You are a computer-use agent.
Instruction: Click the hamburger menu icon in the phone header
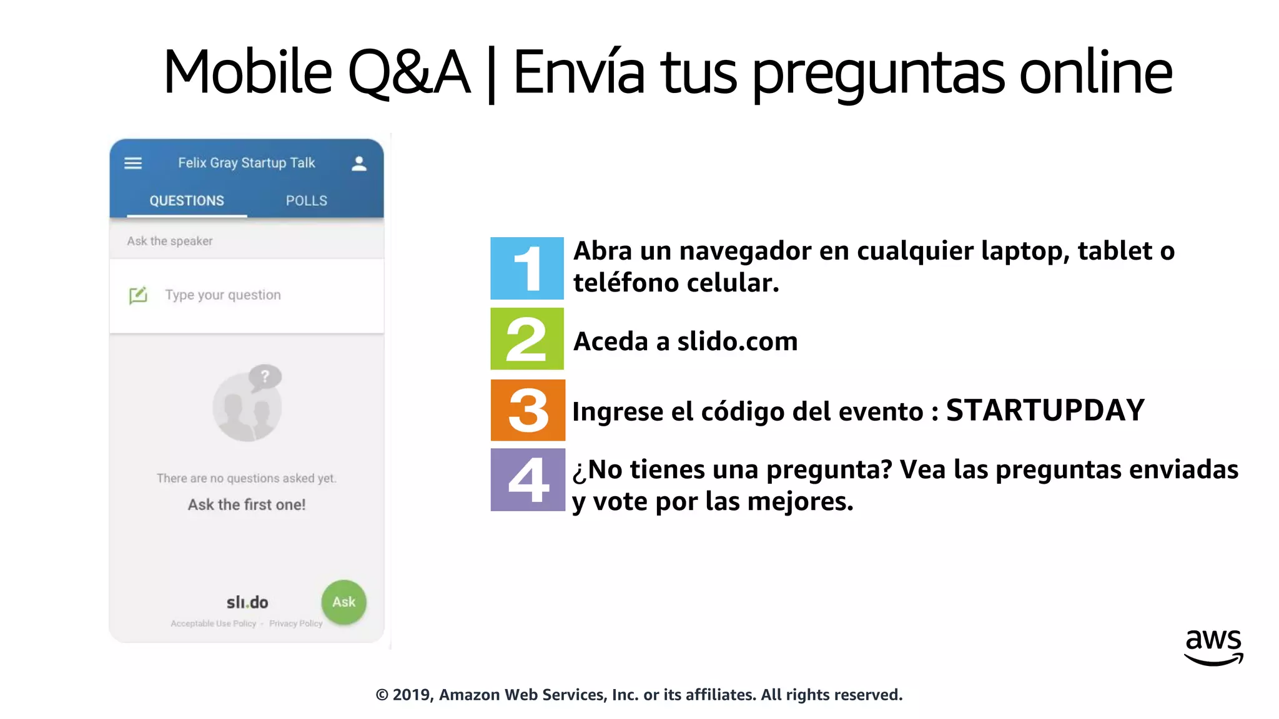pos(133,164)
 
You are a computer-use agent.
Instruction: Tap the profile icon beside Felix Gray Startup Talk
pos(358,164)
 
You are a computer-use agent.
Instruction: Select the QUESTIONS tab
pos(187,200)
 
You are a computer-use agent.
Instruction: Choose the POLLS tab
pos(306,200)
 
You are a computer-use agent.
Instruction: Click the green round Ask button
pos(343,602)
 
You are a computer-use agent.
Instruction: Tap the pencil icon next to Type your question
pos(138,295)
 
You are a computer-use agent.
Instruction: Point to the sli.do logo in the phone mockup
pos(247,602)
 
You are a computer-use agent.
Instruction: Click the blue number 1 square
pos(526,268)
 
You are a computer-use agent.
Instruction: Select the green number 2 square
pos(526,339)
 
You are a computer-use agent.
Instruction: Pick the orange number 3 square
pos(528,410)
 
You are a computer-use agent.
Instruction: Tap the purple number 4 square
pos(528,480)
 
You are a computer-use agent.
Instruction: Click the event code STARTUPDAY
pos(1045,411)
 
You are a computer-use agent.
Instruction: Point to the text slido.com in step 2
pos(737,341)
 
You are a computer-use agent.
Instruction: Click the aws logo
pos(1213,647)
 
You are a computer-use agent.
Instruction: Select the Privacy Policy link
pos(295,624)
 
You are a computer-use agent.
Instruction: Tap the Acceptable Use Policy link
pos(214,624)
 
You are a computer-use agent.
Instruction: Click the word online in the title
pos(1095,72)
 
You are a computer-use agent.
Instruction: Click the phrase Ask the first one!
pos(247,504)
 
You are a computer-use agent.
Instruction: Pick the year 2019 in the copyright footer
pos(412,695)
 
